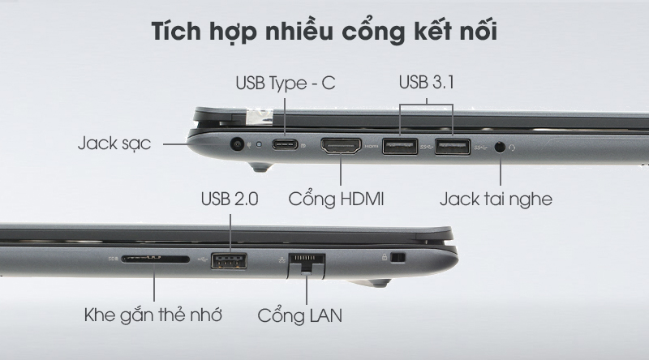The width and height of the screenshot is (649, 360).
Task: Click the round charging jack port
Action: click(x=237, y=144)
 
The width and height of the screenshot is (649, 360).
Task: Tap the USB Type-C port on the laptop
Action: click(x=285, y=144)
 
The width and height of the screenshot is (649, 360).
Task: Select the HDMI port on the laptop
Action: click(x=341, y=146)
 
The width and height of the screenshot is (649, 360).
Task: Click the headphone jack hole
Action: click(x=500, y=147)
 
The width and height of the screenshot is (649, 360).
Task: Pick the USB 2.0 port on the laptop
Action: click(x=229, y=261)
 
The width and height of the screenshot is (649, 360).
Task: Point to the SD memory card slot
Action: click(x=155, y=259)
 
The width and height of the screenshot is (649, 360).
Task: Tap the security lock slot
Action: click(x=398, y=257)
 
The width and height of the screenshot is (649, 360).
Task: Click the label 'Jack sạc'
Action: click(x=114, y=144)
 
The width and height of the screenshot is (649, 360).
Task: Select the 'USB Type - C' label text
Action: click(x=286, y=84)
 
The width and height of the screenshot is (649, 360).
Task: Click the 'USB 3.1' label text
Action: click(x=427, y=82)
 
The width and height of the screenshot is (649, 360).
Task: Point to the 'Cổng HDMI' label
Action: click(x=336, y=199)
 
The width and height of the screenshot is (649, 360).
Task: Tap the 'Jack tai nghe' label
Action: click(x=496, y=199)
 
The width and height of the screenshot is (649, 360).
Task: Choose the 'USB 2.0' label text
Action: click(x=230, y=199)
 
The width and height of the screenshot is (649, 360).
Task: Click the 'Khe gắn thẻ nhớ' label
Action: click(x=153, y=315)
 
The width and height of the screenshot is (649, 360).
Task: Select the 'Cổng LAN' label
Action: click(x=299, y=315)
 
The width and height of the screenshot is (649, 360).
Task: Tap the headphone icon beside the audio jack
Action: click(x=513, y=148)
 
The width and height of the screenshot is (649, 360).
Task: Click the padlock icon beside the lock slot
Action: click(x=385, y=257)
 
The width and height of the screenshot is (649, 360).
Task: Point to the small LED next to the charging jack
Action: click(x=260, y=144)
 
